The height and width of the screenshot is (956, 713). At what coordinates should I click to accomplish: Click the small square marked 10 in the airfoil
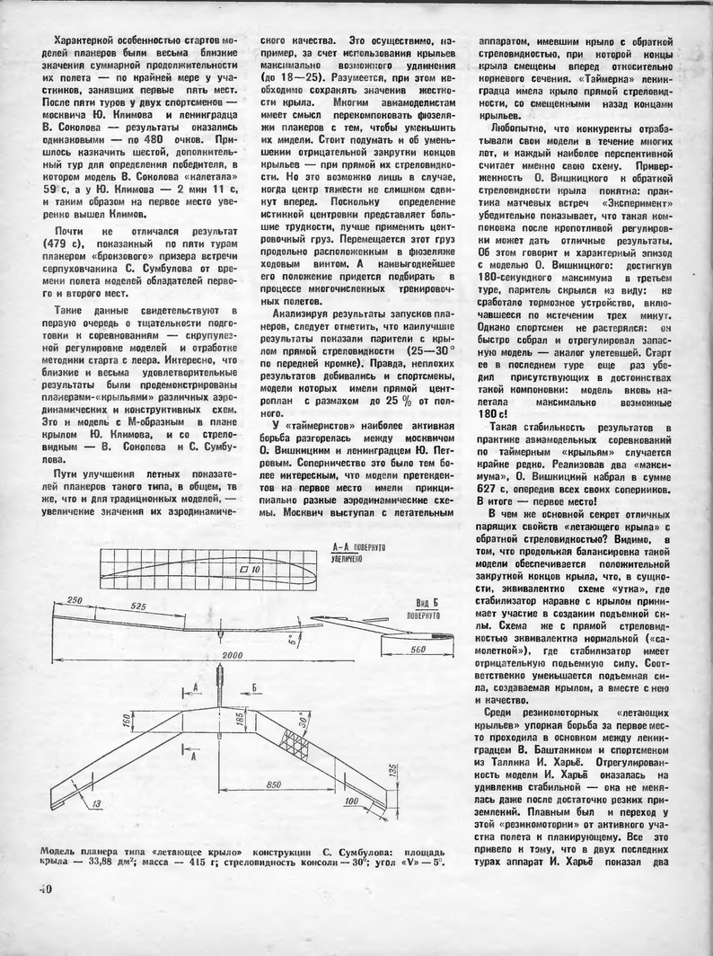pyautogui.click(x=249, y=570)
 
